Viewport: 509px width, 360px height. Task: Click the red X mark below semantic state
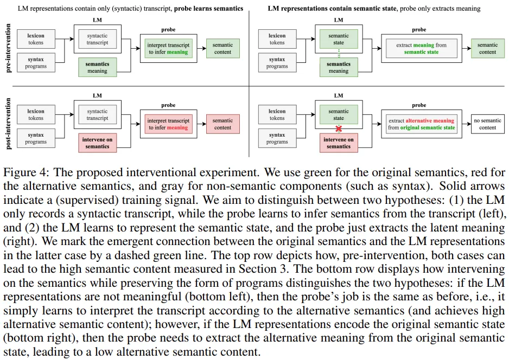coord(339,128)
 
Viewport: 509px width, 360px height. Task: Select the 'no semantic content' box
coord(488,124)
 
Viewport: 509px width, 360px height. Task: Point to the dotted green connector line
coord(339,53)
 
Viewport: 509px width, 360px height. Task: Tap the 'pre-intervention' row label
coord(8,48)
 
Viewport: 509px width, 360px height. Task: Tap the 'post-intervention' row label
coord(8,124)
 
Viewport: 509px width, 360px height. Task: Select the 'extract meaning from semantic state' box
coord(421,48)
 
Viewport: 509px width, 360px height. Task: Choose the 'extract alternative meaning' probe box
coord(421,124)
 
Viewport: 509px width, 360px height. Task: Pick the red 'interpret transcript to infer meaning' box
coord(168,124)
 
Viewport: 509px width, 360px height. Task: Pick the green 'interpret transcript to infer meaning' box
coord(168,48)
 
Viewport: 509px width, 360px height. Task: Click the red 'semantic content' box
coord(222,124)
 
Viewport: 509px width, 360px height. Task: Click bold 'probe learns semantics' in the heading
coord(208,9)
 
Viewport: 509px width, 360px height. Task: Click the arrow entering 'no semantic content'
coord(467,124)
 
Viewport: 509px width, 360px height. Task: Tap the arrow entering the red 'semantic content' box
coord(201,124)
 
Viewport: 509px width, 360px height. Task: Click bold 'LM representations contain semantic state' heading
coord(332,9)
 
